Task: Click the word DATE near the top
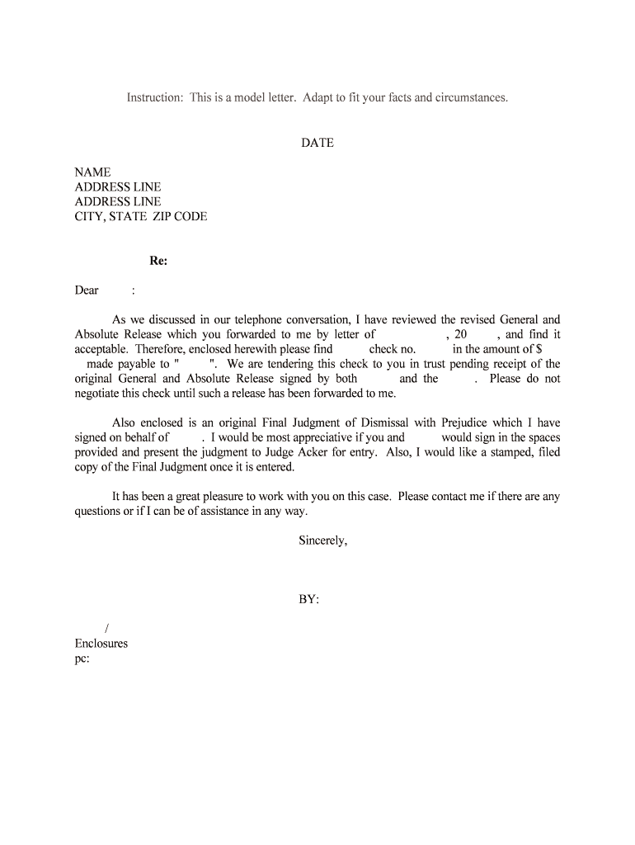(x=317, y=143)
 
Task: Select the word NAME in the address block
(x=92, y=172)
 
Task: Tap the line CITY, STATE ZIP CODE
(x=141, y=216)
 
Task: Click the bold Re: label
(x=158, y=261)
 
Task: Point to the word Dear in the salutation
(x=87, y=290)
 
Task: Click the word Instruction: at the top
(x=155, y=97)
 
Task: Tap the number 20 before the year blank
(x=461, y=334)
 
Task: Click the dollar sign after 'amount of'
(x=538, y=349)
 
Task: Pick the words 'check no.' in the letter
(x=393, y=349)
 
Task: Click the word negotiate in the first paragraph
(x=101, y=393)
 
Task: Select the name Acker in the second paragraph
(x=312, y=452)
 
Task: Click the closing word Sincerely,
(x=323, y=541)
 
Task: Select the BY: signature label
(x=308, y=600)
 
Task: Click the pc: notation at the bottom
(x=82, y=659)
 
